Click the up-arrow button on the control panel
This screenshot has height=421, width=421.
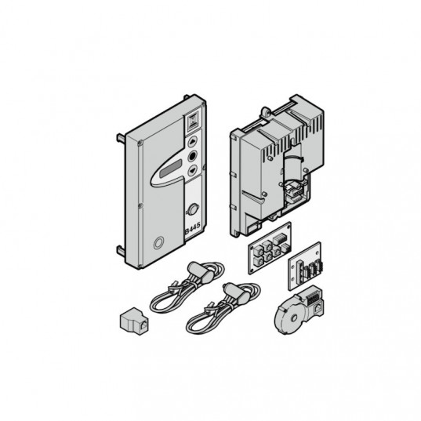[192, 141]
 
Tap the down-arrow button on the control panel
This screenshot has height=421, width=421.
[192, 170]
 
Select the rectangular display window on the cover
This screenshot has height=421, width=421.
[170, 169]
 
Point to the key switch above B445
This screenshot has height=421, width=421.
[193, 209]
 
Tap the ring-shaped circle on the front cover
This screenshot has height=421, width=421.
[158, 243]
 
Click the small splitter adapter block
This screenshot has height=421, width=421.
[134, 321]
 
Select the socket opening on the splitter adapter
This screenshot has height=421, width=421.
[143, 325]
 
